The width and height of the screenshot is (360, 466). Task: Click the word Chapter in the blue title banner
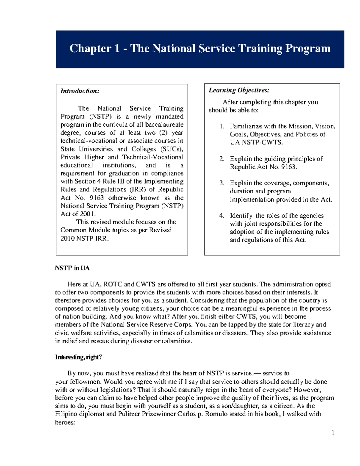[90, 49]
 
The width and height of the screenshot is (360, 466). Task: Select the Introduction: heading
[80, 91]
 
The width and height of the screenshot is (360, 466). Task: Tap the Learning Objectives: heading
[239, 90]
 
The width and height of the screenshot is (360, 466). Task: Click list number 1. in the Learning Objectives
[222, 126]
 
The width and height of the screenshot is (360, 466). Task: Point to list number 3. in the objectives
[222, 183]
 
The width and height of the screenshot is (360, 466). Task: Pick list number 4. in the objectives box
[222, 216]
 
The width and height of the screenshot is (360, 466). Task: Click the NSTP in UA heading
[72, 268]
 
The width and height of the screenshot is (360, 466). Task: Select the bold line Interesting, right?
[78, 357]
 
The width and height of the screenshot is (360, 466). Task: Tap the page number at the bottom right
[333, 433]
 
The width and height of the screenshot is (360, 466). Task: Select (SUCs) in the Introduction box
[172, 149]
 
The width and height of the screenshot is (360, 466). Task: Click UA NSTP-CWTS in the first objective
[256, 143]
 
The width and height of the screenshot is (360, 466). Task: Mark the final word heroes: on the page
[65, 422]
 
